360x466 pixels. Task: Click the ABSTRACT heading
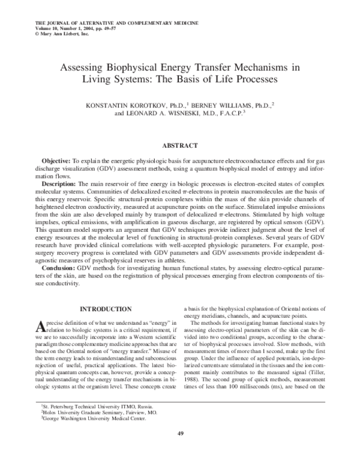click(180, 145)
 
